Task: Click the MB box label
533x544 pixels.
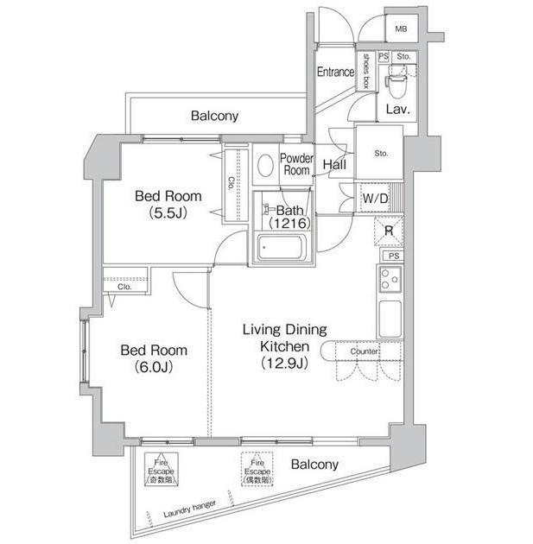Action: pos(400,29)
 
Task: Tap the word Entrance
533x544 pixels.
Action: pos(335,72)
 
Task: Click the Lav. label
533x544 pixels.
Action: pos(397,110)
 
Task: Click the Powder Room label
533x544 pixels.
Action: pos(296,164)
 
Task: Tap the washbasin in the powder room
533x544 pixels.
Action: pos(265,163)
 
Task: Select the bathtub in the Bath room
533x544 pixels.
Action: pos(279,248)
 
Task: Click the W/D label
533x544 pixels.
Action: pos(374,199)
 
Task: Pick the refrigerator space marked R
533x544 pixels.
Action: pos(390,231)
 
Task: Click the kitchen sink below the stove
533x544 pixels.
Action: pos(389,317)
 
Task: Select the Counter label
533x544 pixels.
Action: pos(365,351)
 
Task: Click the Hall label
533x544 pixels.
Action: pos(334,165)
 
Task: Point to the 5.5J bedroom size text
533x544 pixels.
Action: pos(168,212)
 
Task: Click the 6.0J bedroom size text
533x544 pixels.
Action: pos(153,366)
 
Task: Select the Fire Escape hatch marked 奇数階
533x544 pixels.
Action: pos(160,471)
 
